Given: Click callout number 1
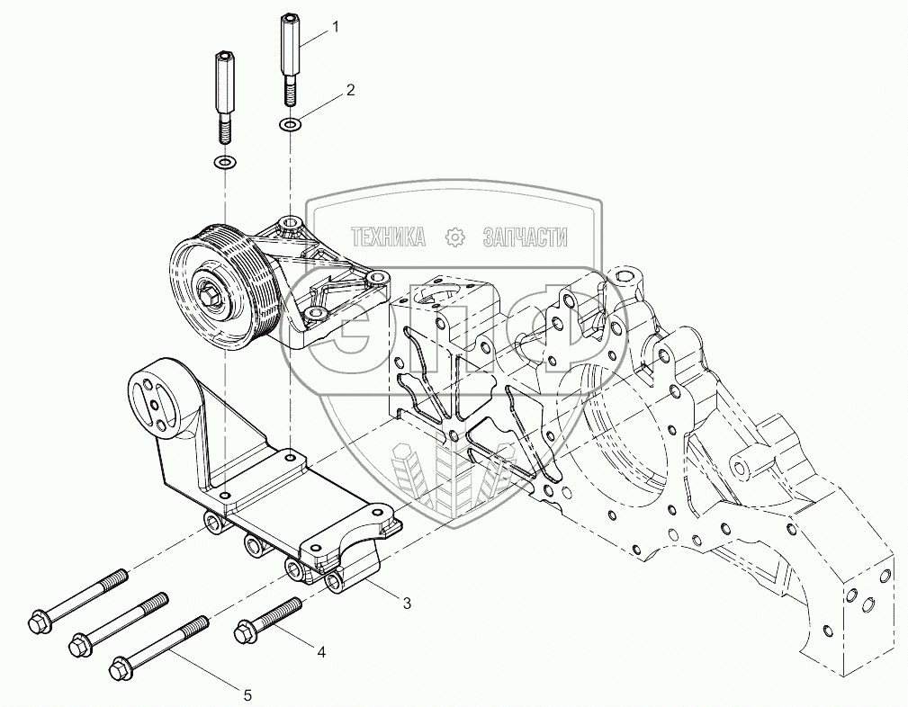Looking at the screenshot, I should coord(336,27).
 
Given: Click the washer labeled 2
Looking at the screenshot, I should coord(289,124).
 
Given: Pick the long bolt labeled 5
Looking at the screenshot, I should coord(158,644).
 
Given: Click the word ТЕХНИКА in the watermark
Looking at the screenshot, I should coord(387,237).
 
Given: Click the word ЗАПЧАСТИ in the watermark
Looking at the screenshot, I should coord(525,237).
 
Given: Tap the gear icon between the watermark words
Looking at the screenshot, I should coord(455,237).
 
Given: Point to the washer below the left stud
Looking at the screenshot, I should coord(224,163).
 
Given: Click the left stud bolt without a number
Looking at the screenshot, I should coord(223,96).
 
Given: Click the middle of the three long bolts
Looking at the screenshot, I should coord(118,621).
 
